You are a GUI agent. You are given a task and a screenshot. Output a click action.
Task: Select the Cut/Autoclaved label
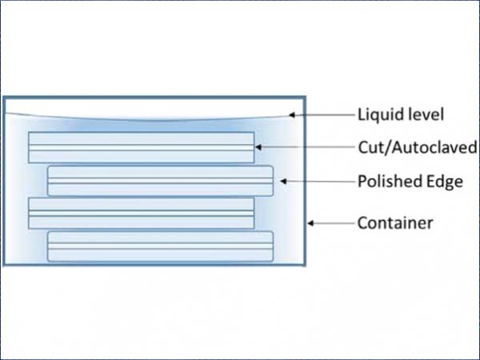pyautogui.click(x=418, y=147)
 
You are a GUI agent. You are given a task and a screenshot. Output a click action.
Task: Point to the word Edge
pyautogui.click(x=445, y=182)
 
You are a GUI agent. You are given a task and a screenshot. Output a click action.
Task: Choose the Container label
pyautogui.click(x=395, y=223)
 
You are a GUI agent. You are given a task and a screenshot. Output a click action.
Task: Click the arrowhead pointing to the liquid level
pyautogui.click(x=292, y=115)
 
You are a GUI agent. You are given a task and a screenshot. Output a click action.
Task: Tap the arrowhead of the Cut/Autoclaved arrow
pyautogui.click(x=258, y=147)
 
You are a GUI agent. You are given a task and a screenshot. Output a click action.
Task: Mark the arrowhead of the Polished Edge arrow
pyautogui.click(x=283, y=182)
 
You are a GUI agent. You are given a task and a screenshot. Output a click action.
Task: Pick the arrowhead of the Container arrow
pyautogui.click(x=310, y=223)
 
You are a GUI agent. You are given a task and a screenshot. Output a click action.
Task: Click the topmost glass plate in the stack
pyautogui.click(x=141, y=147)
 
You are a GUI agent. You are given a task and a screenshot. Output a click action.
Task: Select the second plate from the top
pyautogui.click(x=161, y=181)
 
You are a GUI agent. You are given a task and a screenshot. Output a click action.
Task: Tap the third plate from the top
pyautogui.click(x=141, y=214)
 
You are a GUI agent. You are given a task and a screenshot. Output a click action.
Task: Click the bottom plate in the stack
pyautogui.click(x=161, y=246)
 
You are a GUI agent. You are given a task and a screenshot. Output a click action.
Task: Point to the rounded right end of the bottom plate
pyautogui.click(x=273, y=246)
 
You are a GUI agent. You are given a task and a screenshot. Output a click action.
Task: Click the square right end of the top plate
pyautogui.click(x=254, y=147)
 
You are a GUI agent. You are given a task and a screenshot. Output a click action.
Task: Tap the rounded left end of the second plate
pyautogui.click(x=48, y=181)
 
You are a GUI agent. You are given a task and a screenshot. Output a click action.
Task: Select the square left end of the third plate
pyautogui.click(x=29, y=214)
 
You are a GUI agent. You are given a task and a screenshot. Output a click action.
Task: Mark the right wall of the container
pyautogui.click(x=305, y=181)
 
